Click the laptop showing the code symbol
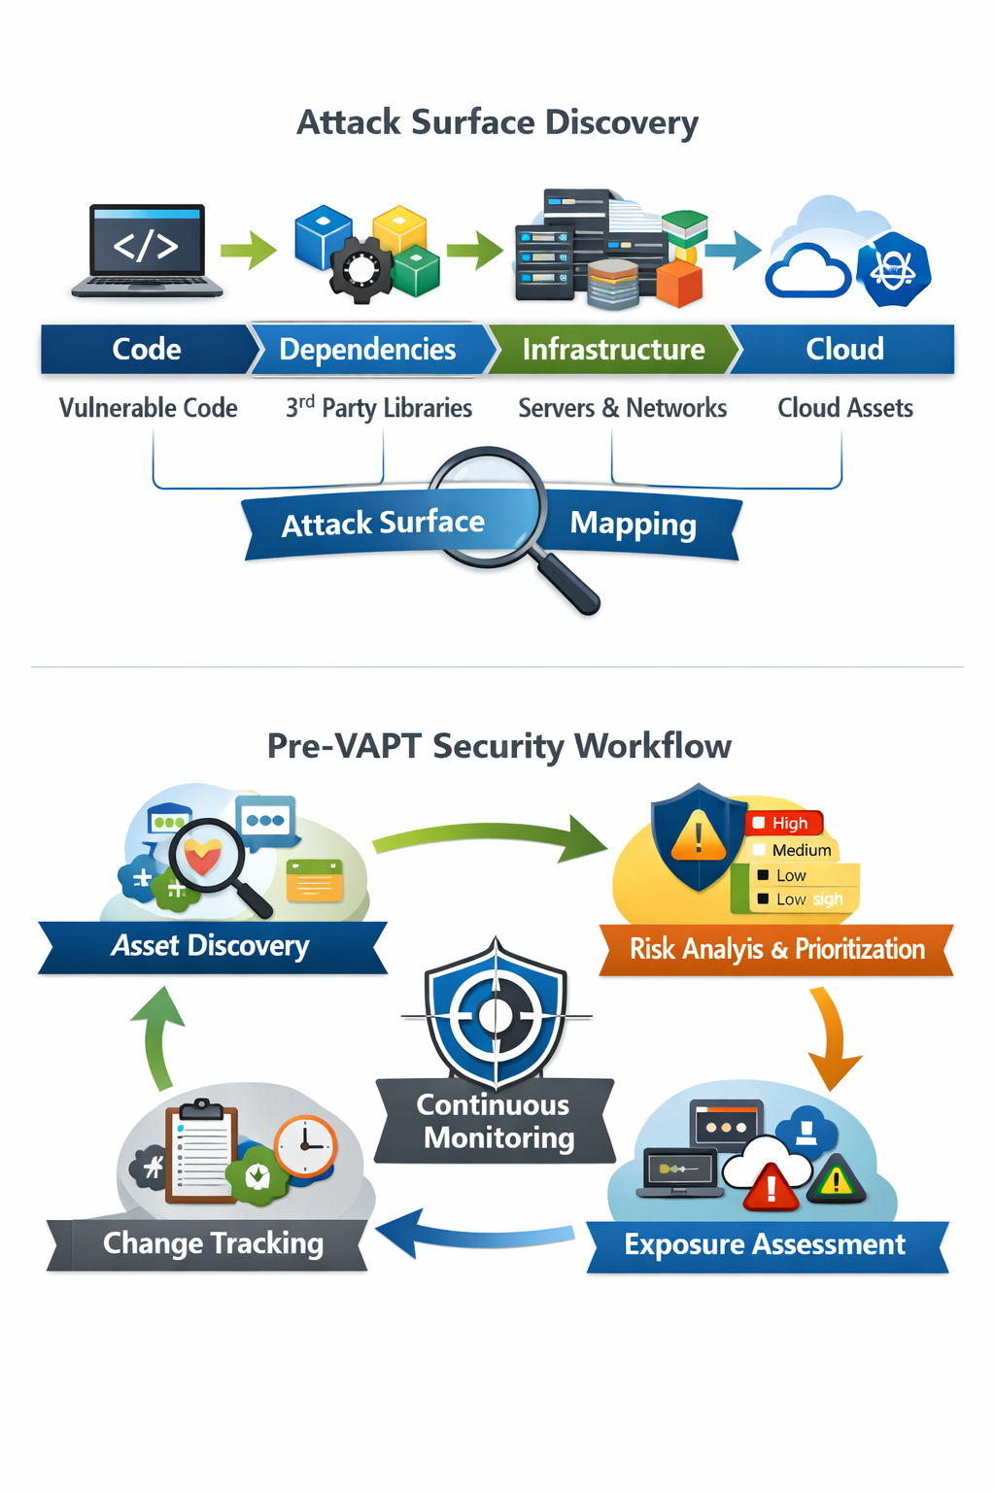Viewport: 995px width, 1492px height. click(147, 249)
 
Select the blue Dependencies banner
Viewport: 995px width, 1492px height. click(367, 350)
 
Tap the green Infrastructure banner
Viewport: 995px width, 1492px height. click(612, 350)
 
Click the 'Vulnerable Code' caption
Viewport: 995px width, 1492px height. click(149, 408)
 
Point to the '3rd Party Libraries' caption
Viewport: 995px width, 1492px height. click(379, 408)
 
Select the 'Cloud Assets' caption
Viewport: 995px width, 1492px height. click(844, 408)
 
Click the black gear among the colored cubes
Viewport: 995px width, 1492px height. click(360, 267)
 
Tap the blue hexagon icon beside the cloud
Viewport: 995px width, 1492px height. click(893, 269)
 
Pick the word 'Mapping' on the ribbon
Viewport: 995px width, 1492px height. click(633, 525)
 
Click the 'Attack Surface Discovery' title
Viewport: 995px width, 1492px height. click(497, 122)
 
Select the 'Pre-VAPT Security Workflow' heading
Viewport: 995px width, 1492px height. click(498, 746)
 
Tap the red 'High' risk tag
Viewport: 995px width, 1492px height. click(786, 823)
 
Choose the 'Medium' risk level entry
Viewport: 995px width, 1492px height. click(797, 850)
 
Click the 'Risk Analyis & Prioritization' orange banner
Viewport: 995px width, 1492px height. click(776, 949)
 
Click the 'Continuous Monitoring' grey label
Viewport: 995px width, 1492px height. click(496, 1122)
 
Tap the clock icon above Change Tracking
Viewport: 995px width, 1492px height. click(305, 1146)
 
